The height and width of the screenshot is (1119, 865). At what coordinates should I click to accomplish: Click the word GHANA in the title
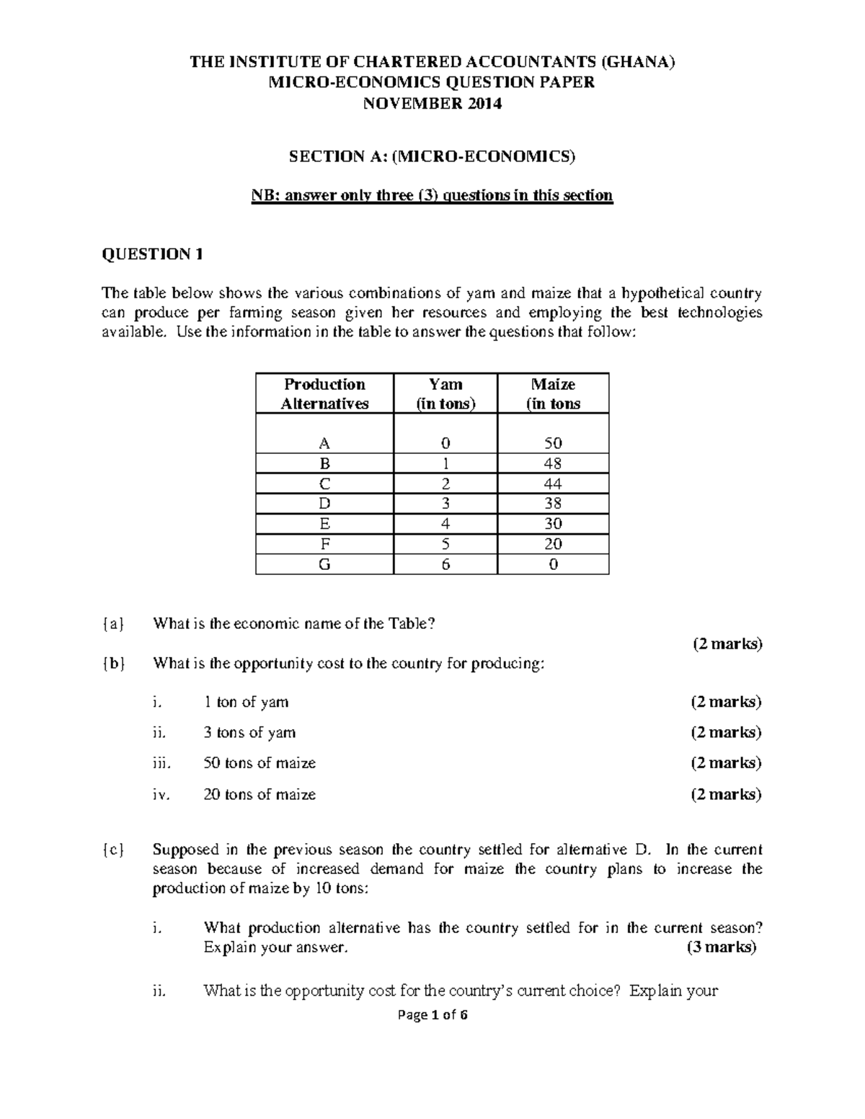tap(639, 62)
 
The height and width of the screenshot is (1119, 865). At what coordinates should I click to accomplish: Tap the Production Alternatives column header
tap(324, 393)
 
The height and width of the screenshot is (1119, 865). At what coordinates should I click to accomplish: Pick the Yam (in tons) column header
tap(445, 393)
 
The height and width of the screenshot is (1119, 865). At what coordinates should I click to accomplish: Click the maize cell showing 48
tap(553, 463)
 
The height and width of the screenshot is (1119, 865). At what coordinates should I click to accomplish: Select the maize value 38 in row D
tap(553, 504)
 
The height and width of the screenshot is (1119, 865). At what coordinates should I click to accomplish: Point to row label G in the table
tap(324, 564)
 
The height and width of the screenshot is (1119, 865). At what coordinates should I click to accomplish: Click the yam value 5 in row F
tap(445, 544)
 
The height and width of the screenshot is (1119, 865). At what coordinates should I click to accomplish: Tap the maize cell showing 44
tap(553, 483)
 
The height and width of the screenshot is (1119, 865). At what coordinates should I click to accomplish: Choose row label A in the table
tap(324, 443)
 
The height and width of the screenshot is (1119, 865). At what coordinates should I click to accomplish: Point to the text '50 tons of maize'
tap(259, 763)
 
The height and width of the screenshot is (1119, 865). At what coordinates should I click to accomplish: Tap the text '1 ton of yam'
tap(246, 702)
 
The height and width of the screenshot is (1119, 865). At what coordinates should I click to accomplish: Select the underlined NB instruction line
tap(432, 195)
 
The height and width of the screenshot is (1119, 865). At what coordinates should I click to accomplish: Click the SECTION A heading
tap(432, 156)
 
